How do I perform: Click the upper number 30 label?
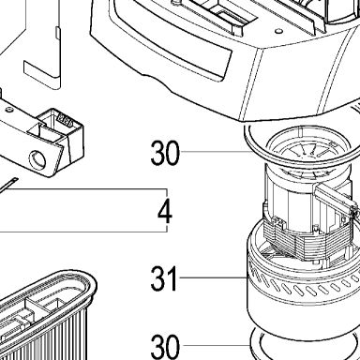pyautogui.click(x=165, y=153)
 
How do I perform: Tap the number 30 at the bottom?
pyautogui.click(x=165, y=347)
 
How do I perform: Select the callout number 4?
pyautogui.click(x=165, y=212)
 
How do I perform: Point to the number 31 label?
pyautogui.click(x=163, y=278)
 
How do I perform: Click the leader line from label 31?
pyautogui.click(x=214, y=277)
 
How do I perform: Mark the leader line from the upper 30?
pyautogui.click(x=217, y=152)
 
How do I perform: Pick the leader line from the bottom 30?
pyautogui.click(x=217, y=345)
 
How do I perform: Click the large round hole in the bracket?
pyautogui.click(x=37, y=160)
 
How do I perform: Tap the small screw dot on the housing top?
pyautogui.click(x=278, y=31)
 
